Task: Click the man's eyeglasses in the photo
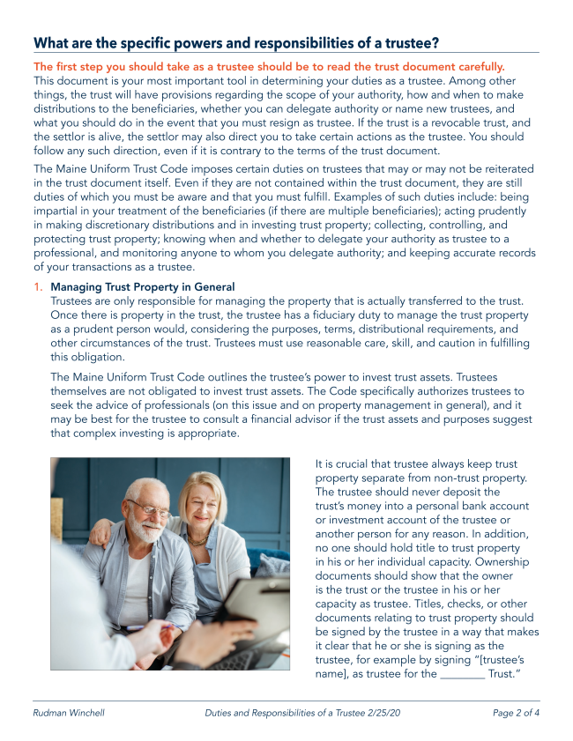pos(148,509)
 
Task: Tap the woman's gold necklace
pos(199,539)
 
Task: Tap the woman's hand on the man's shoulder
pos(98,529)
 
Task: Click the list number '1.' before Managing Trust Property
pos(39,287)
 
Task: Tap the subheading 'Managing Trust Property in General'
pos(143,287)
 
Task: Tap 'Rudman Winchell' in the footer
pos(69,712)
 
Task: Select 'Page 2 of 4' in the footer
pos(516,712)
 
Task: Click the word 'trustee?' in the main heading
pos(406,43)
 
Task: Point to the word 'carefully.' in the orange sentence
pos(473,66)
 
